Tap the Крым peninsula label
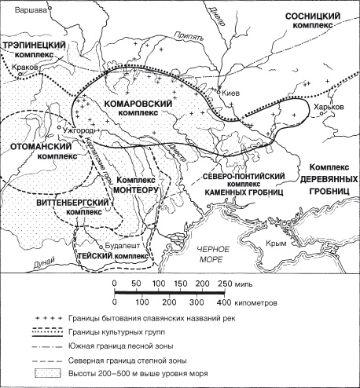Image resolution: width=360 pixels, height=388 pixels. click(292, 244)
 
